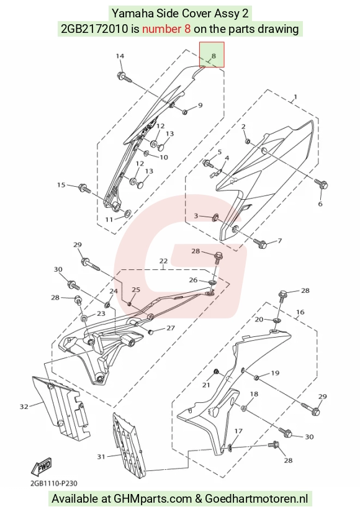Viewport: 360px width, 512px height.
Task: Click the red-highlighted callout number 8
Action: tap(214, 56)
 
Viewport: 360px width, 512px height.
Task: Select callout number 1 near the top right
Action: tap(295, 97)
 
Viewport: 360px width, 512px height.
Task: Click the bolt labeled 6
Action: tap(321, 184)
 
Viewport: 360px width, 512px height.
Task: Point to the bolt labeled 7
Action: tap(260, 243)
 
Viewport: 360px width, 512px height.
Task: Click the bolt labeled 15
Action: tap(84, 189)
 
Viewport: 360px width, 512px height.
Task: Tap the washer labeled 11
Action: tap(127, 213)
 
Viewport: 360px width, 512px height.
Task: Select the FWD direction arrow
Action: tap(42, 466)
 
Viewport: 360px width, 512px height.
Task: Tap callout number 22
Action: tap(163, 261)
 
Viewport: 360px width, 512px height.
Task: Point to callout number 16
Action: tap(300, 312)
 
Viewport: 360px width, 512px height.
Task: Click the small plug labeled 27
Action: tap(151, 332)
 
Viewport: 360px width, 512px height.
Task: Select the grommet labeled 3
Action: tap(215, 217)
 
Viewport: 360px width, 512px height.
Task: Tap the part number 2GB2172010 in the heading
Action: tap(94, 29)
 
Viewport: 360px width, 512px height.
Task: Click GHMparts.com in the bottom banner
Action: tap(153, 498)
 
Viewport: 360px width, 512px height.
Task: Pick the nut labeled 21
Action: tap(216, 372)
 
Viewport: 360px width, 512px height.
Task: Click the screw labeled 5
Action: tap(208, 163)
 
